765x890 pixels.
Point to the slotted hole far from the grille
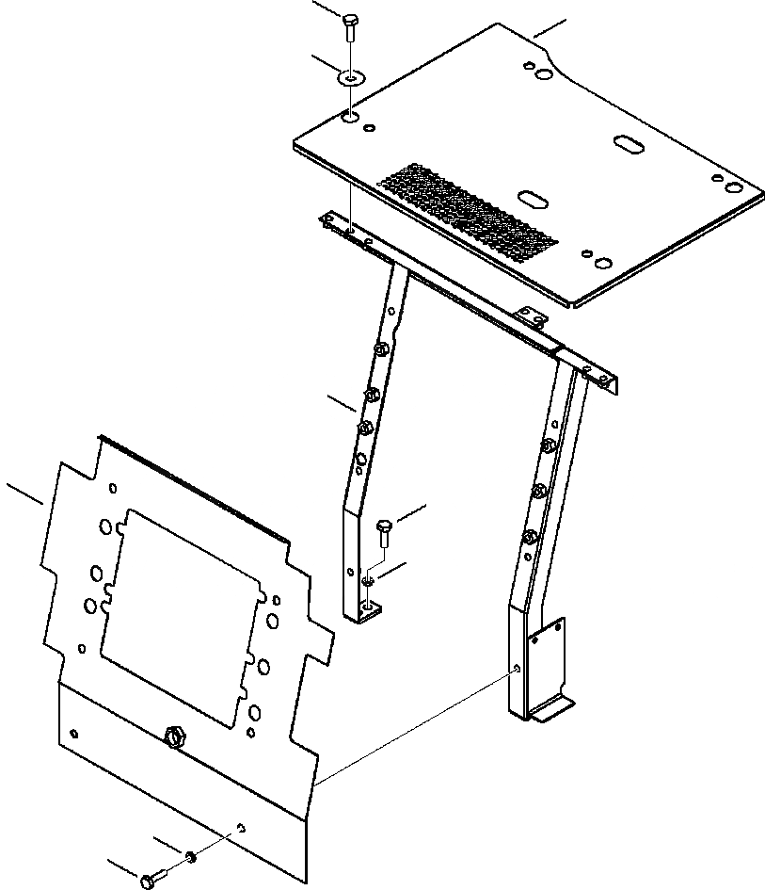coord(628,142)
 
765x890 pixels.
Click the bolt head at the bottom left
coord(149,881)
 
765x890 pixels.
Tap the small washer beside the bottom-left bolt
coord(191,856)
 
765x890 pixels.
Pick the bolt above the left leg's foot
coord(383,533)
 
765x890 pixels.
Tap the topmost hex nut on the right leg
coord(549,443)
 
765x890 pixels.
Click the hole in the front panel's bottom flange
coord(242,828)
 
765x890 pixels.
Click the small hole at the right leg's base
coord(518,668)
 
